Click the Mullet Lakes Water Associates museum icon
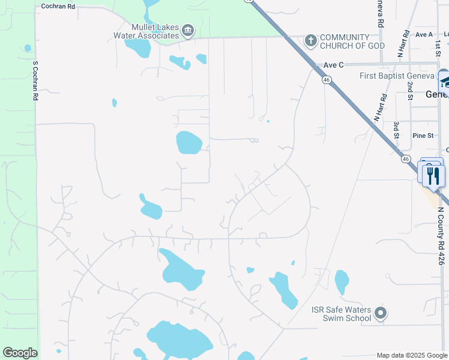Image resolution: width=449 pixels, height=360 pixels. [x=188, y=31]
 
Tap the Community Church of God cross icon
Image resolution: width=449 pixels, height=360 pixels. [x=310, y=41]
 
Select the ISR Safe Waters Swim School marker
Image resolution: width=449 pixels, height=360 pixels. [x=380, y=313]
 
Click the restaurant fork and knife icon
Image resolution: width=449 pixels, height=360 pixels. [x=433, y=176]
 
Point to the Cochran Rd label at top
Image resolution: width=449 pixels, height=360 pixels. [x=58, y=6]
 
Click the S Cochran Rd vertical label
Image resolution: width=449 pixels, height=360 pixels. [x=35, y=80]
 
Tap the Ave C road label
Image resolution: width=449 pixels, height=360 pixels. [x=333, y=65]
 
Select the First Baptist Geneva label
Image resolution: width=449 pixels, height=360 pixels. [x=396, y=76]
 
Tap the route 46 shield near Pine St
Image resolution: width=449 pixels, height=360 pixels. [x=406, y=159]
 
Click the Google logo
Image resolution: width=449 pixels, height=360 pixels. [x=20, y=353]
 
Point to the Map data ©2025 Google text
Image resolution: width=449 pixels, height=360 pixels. [x=411, y=355]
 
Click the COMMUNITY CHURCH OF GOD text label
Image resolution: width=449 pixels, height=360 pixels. [x=352, y=41]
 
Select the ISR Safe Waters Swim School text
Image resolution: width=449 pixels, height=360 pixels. [x=341, y=314]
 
